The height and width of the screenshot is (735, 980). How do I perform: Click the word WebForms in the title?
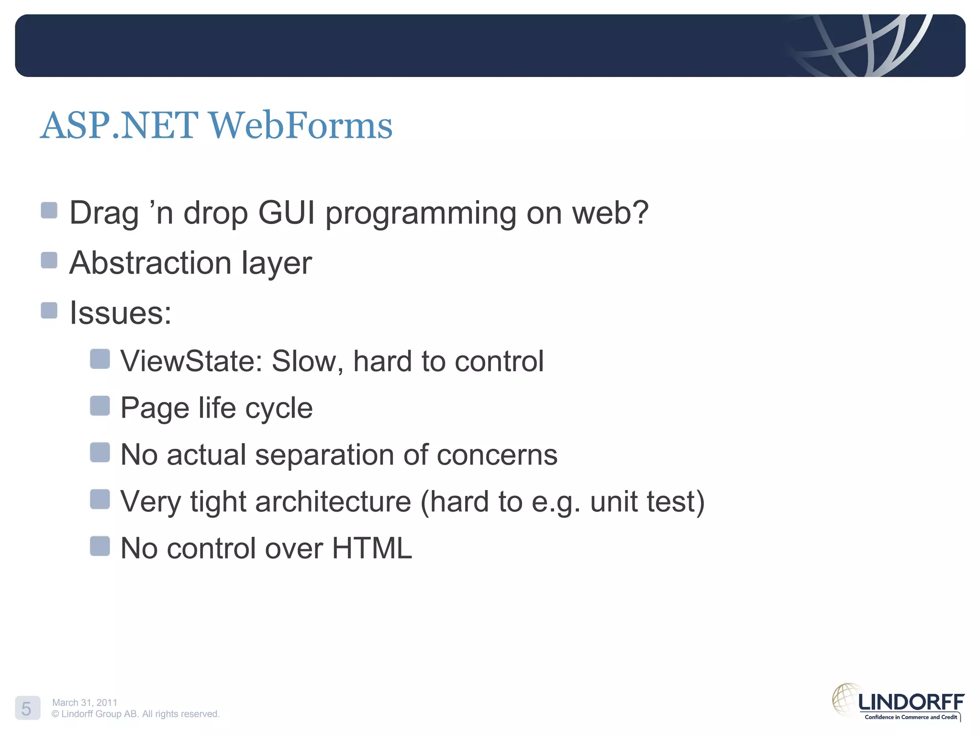(301, 125)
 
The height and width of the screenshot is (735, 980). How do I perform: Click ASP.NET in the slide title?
(120, 125)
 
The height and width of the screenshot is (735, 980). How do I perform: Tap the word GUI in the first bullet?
(286, 212)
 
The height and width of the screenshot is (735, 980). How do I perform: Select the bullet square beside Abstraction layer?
(49, 260)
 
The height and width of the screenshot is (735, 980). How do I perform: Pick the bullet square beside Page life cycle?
(100, 406)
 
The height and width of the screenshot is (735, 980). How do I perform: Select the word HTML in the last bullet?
(372, 548)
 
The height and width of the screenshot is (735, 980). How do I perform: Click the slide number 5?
(27, 708)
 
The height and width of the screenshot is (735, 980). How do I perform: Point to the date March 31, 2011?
(85, 702)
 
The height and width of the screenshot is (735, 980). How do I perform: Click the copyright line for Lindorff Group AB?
(135, 714)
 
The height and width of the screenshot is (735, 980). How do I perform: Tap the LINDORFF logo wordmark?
(911, 702)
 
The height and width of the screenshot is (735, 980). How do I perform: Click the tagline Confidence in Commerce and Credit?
(911, 717)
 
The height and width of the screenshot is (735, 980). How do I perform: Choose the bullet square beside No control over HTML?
(100, 546)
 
